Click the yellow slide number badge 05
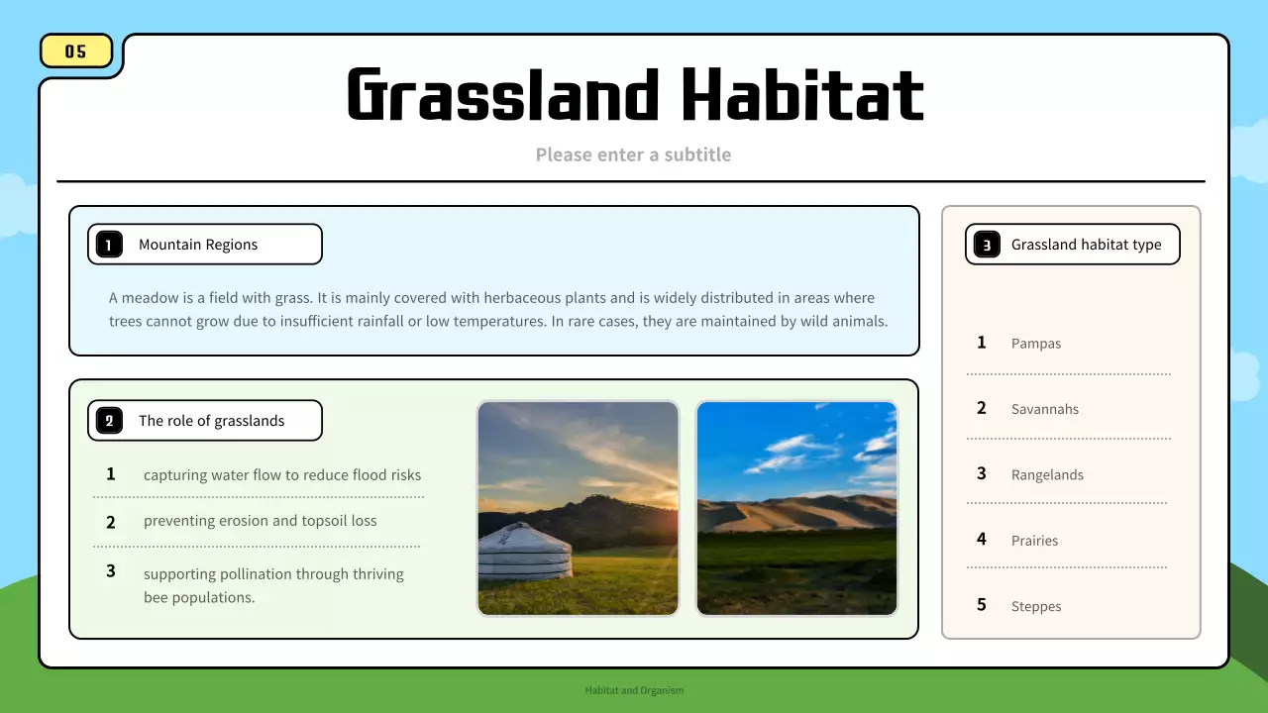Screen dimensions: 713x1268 (76, 51)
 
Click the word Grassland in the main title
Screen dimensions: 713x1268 (503, 95)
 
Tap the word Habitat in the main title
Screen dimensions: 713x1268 (802, 95)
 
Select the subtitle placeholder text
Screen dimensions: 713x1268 (633, 154)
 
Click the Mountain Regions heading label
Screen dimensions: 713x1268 (198, 245)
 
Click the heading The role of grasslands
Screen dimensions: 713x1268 (211, 421)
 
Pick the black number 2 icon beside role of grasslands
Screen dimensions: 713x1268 (109, 421)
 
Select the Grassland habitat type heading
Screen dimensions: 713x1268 (1086, 245)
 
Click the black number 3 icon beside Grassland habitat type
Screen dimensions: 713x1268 (987, 245)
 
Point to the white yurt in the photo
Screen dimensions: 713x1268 (524, 552)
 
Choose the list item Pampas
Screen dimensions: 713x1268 (1036, 344)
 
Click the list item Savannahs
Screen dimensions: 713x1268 (1045, 409)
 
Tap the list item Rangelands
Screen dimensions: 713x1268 (1047, 475)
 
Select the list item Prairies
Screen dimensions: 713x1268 (1034, 541)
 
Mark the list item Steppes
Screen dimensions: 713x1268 (1036, 607)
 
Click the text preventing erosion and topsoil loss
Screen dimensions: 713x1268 (260, 521)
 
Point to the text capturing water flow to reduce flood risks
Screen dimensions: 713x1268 (282, 475)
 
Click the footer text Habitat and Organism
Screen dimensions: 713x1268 (634, 690)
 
